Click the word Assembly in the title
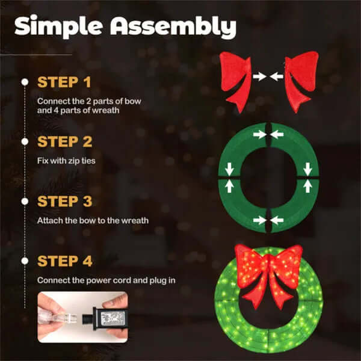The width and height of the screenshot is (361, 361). pyautogui.click(x=174, y=27)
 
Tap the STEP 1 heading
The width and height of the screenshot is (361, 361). pyautogui.click(x=65, y=81)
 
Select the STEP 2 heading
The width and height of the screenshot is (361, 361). pyautogui.click(x=65, y=142)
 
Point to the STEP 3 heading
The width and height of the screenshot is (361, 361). pyautogui.click(x=65, y=202)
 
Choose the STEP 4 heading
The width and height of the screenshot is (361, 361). pyautogui.click(x=65, y=261)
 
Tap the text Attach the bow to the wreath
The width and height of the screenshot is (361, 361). pyautogui.click(x=93, y=220)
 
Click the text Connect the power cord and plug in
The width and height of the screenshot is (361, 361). pyautogui.click(x=102, y=280)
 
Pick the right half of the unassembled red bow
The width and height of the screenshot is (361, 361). pyautogui.click(x=302, y=78)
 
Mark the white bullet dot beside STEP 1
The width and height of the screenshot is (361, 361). pyautogui.click(x=25, y=81)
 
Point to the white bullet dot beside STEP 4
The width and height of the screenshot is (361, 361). pyautogui.click(x=25, y=261)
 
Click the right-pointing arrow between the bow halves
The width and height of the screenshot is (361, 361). pyautogui.click(x=259, y=77)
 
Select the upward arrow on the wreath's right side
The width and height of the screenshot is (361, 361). pyautogui.click(x=307, y=187)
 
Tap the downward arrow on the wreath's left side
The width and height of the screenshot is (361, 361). pyautogui.click(x=229, y=168)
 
